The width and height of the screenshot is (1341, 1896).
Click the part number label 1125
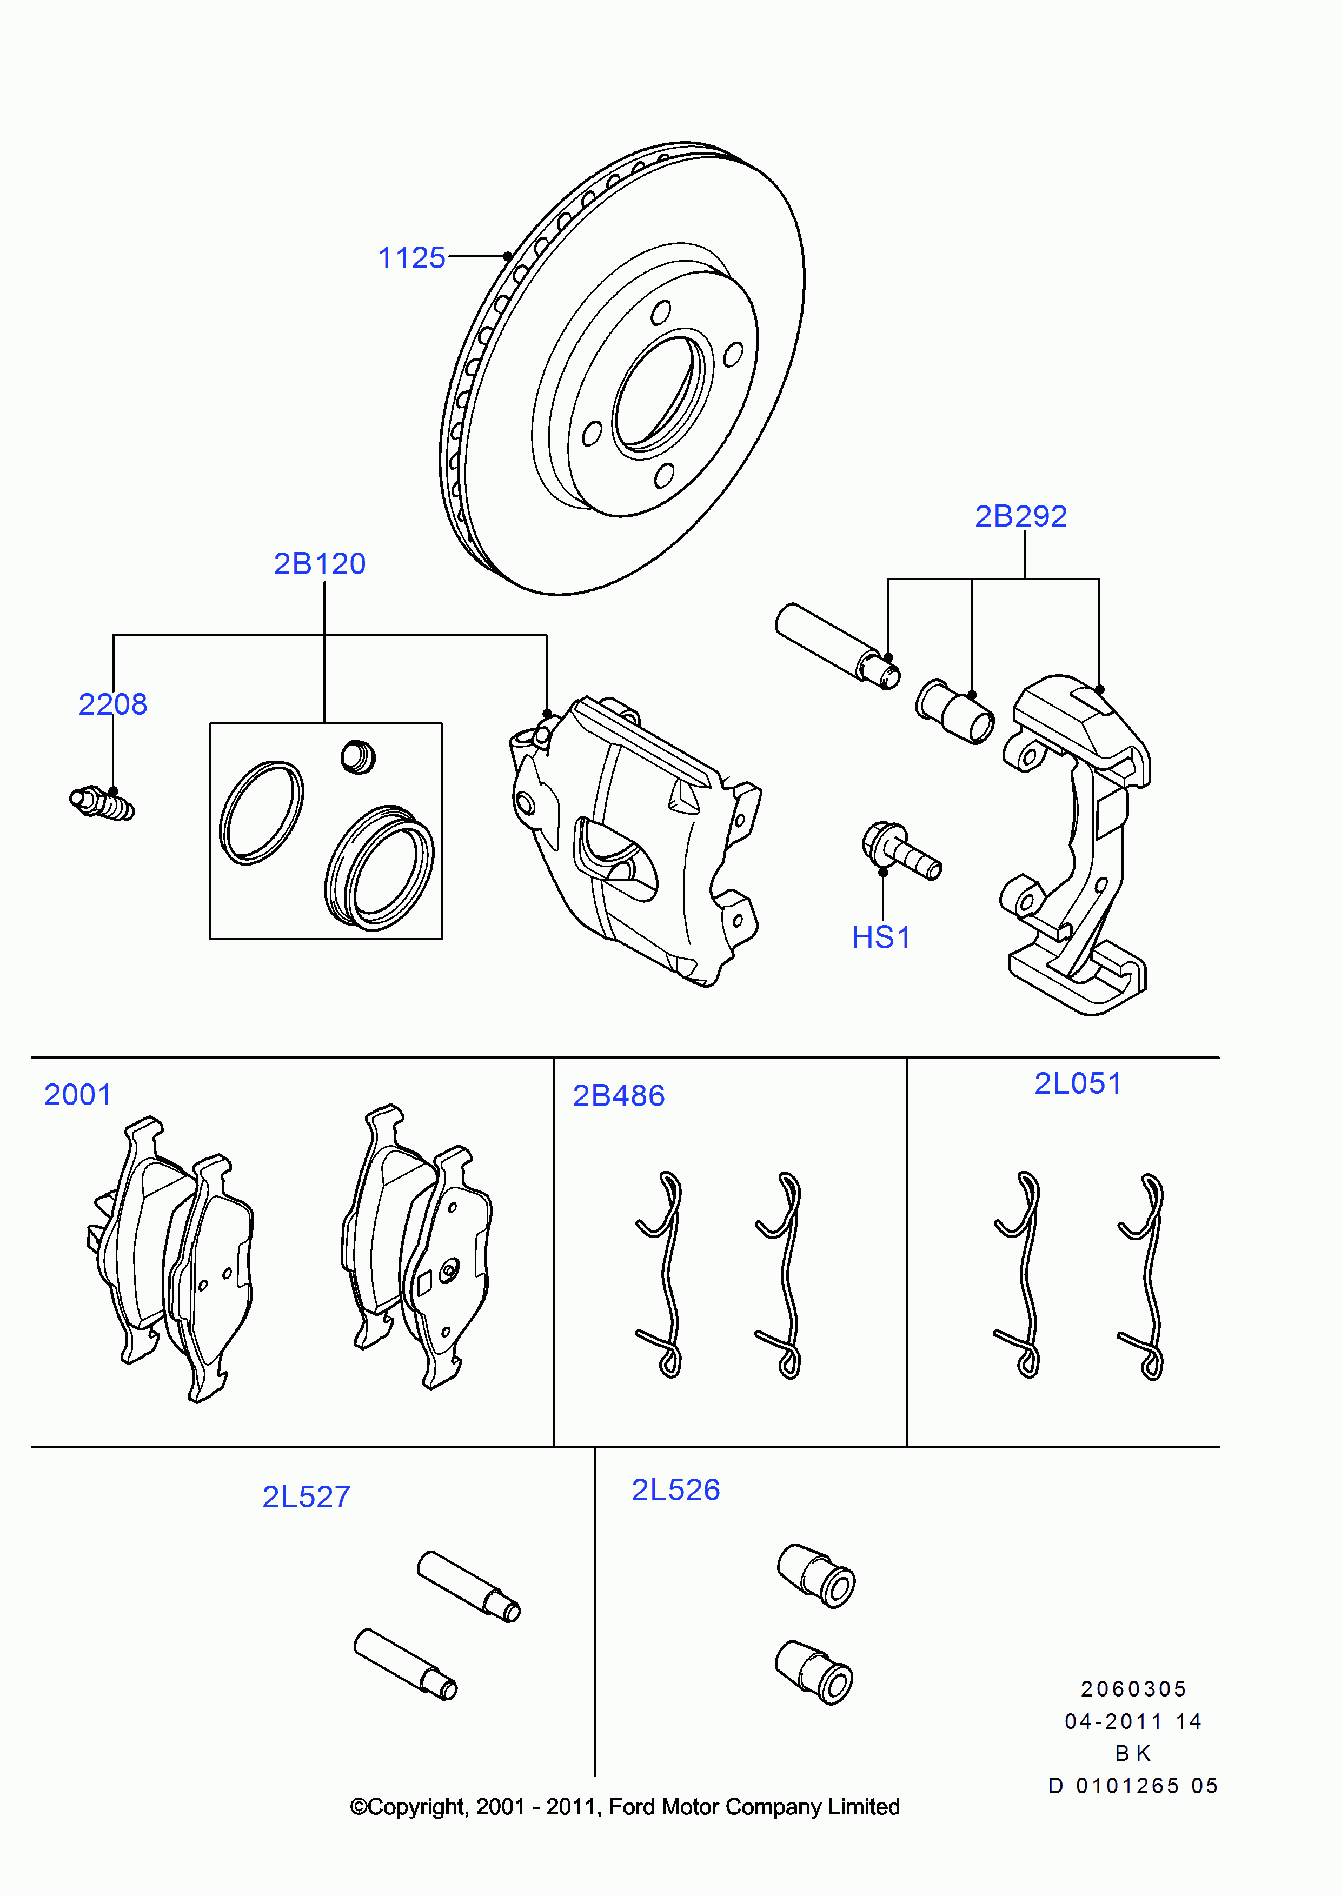(411, 258)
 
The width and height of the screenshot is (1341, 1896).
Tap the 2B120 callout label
(320, 564)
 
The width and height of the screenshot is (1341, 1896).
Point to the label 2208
(113, 704)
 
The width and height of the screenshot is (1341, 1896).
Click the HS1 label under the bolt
(881, 937)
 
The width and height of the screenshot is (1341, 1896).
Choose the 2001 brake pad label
(78, 1095)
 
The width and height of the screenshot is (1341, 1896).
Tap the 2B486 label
(619, 1096)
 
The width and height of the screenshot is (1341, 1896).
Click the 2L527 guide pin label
(307, 1497)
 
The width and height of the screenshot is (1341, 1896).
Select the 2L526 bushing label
(675, 1491)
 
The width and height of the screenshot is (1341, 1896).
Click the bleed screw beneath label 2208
(102, 803)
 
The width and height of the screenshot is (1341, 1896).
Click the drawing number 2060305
(1133, 1689)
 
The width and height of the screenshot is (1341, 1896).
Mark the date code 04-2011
(1113, 1722)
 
